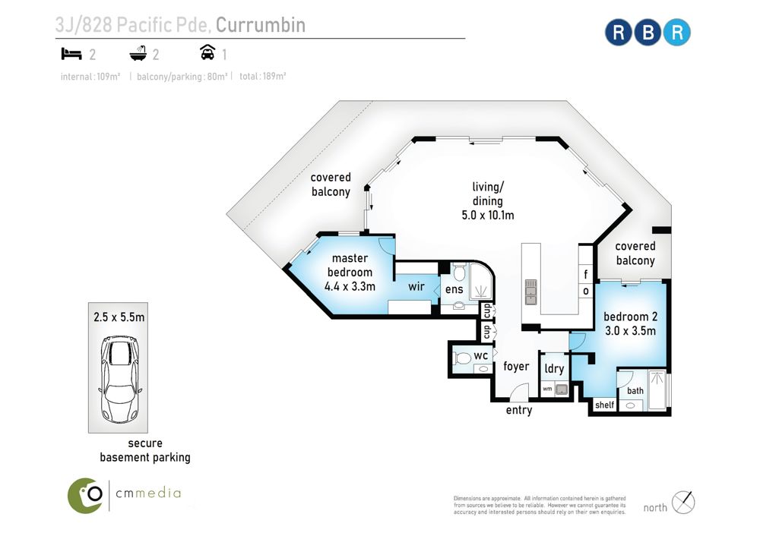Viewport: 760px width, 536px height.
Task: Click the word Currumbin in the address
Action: (x=261, y=25)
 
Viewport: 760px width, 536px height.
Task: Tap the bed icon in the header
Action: (x=71, y=54)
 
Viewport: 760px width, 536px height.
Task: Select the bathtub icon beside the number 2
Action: (x=138, y=53)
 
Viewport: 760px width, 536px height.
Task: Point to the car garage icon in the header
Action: (x=207, y=52)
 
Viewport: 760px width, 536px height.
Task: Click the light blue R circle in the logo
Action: (x=676, y=33)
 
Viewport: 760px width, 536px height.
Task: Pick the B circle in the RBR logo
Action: (x=648, y=33)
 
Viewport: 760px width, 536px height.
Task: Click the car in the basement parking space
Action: (x=121, y=379)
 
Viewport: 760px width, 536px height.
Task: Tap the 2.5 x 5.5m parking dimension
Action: (x=119, y=317)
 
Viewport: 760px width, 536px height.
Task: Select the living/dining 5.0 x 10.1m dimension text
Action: (x=488, y=215)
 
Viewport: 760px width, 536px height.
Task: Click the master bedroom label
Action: (x=350, y=265)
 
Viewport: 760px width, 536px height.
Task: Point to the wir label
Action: (x=416, y=286)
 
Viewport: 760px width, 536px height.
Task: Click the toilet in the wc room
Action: (x=462, y=358)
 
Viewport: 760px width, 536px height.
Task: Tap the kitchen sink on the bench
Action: (x=531, y=292)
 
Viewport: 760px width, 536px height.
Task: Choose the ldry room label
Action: (x=554, y=368)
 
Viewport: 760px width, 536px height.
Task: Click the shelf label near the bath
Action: (x=604, y=405)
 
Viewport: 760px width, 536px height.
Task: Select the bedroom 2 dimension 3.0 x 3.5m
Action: (x=631, y=331)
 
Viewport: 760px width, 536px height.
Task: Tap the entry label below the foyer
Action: (x=519, y=411)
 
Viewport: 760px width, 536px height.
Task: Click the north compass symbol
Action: (x=683, y=502)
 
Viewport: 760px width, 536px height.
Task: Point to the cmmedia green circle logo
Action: (x=85, y=495)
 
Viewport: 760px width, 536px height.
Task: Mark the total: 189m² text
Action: (x=263, y=77)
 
